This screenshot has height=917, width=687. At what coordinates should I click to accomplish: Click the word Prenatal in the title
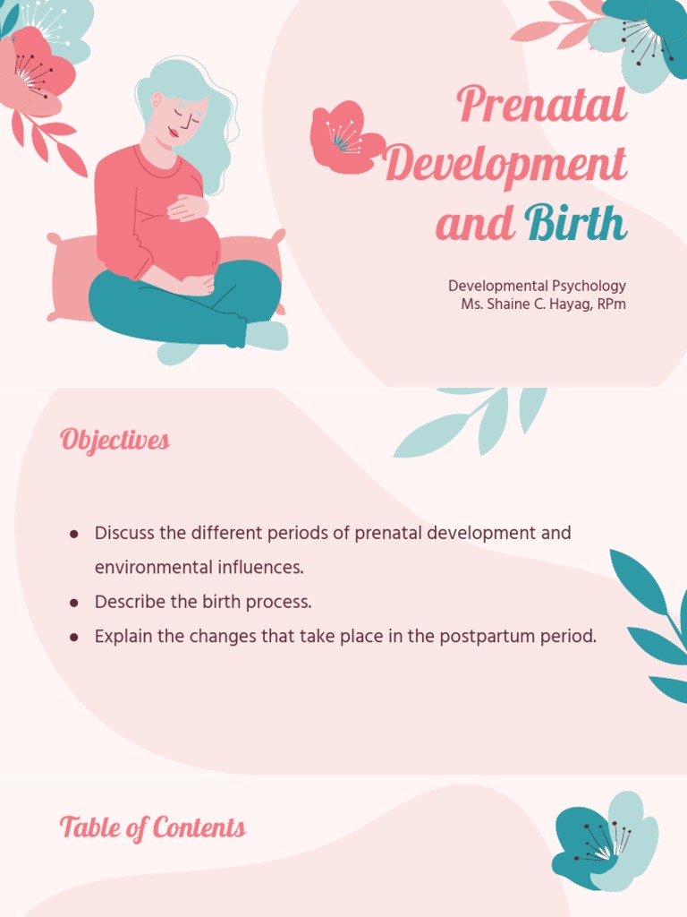click(542, 106)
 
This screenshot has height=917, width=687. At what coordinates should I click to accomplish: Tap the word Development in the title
click(505, 166)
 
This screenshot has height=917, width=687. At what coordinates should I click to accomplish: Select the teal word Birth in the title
click(576, 224)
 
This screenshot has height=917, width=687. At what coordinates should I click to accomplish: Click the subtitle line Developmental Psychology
click(537, 286)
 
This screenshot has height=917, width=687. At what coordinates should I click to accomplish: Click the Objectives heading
click(114, 441)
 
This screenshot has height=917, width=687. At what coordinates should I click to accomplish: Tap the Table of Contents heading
click(153, 827)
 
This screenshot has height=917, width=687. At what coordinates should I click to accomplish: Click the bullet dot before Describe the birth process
click(74, 603)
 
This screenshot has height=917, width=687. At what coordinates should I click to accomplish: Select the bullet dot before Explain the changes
click(74, 638)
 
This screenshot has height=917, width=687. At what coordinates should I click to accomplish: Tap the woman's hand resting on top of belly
click(189, 208)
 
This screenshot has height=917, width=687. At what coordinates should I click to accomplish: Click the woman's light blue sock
click(267, 336)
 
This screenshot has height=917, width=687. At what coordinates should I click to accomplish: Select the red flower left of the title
click(343, 137)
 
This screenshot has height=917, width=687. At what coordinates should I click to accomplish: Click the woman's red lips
click(173, 134)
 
